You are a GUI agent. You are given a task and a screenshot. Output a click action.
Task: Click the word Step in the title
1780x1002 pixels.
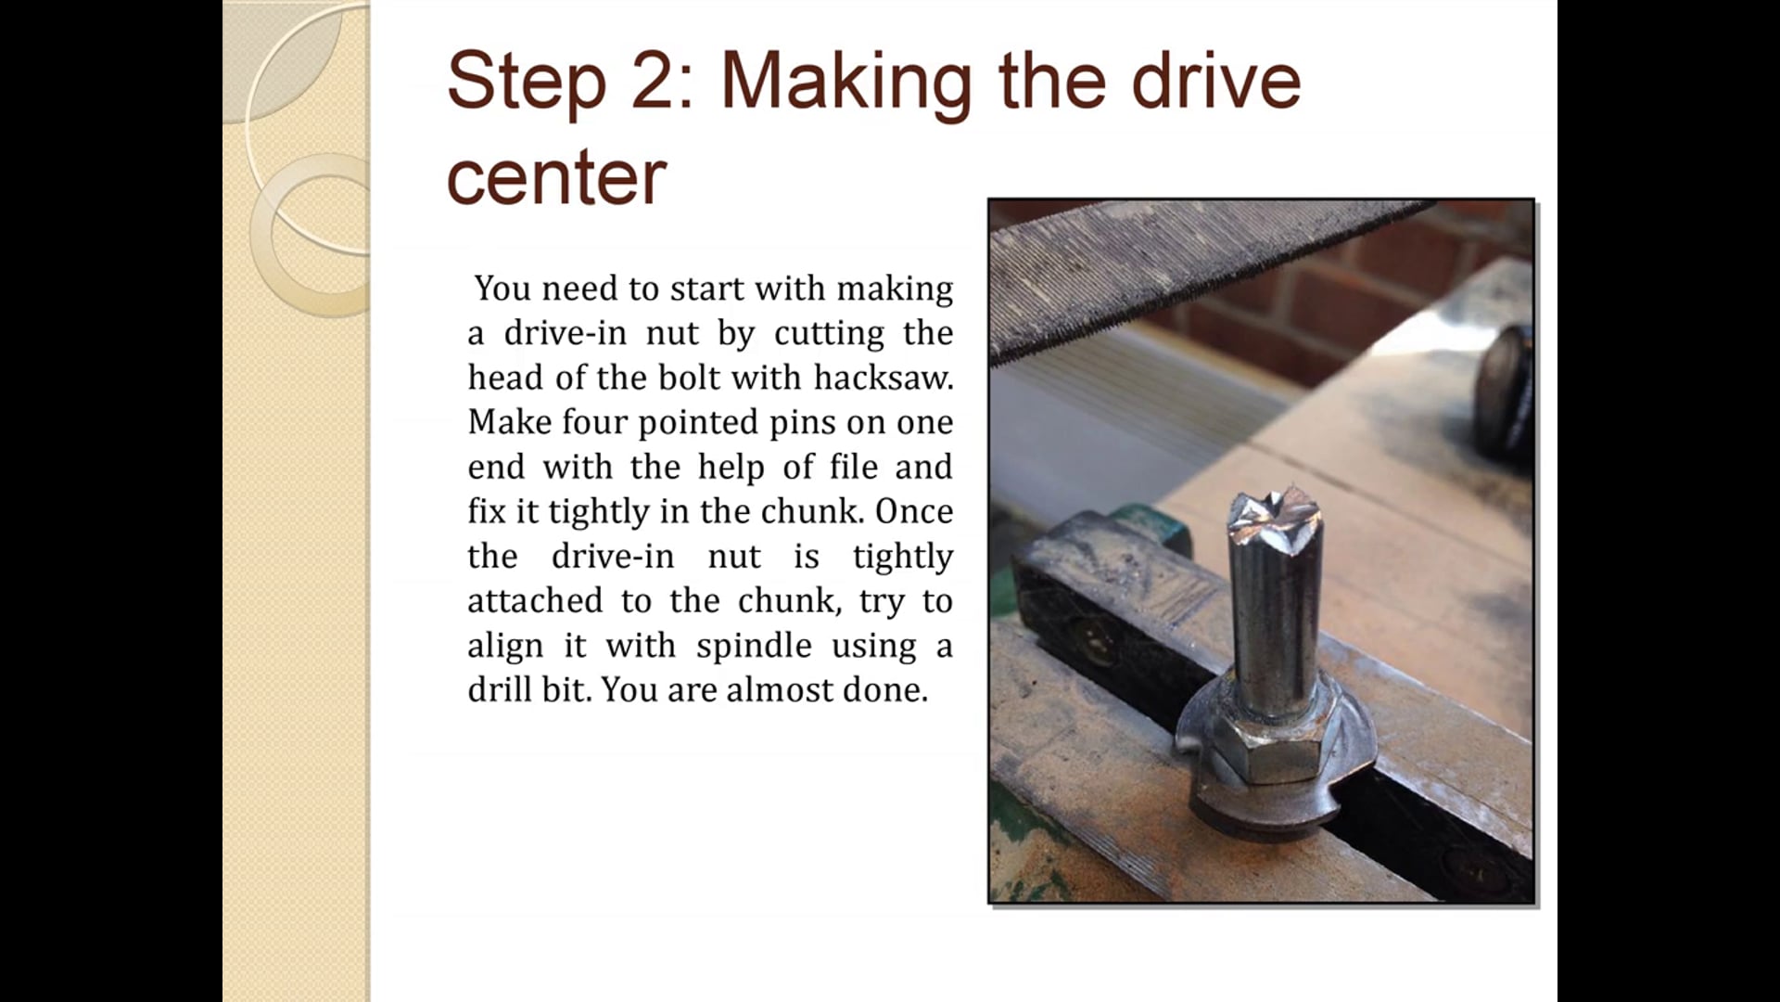coord(526,83)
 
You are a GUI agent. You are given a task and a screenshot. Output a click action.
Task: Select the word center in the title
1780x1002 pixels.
coord(556,178)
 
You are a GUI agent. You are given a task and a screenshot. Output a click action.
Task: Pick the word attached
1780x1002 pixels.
coord(535,601)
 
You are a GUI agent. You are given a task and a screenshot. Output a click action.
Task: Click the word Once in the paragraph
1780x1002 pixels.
coord(913,511)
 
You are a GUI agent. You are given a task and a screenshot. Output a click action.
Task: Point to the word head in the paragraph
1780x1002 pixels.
coord(502,378)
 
